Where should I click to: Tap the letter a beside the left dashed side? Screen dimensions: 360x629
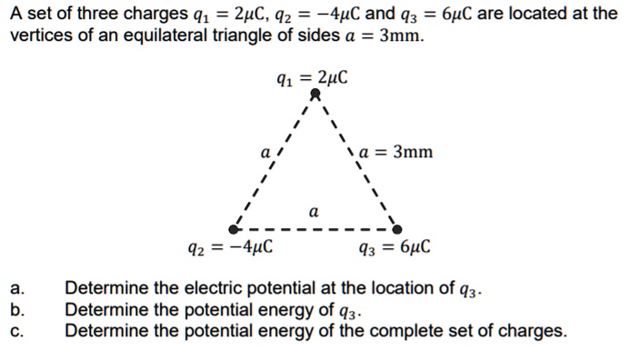265,154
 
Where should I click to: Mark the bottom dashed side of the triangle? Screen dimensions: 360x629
314,229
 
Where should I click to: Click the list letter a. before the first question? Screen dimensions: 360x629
16,290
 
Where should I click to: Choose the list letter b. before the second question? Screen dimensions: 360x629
16,310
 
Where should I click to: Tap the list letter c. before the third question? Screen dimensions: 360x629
16,330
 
